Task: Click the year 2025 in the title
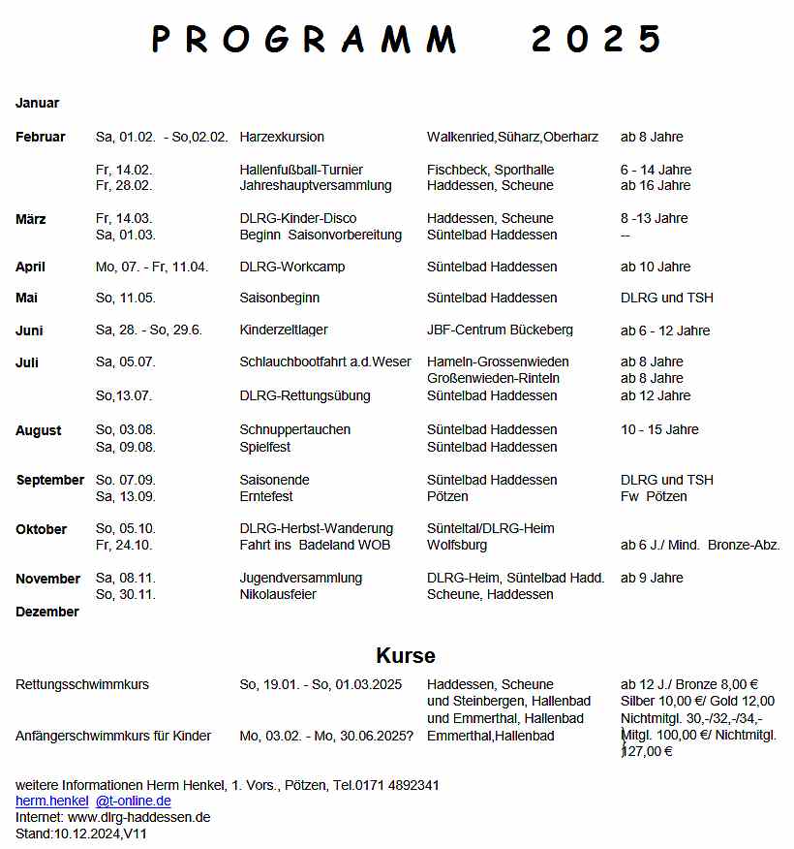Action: click(595, 40)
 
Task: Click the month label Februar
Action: click(41, 137)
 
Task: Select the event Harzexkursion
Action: click(282, 137)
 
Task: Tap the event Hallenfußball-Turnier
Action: click(301, 170)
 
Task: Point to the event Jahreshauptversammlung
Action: click(316, 185)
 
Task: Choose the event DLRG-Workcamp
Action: click(292, 267)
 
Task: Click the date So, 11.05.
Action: click(126, 298)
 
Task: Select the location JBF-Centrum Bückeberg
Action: click(500, 330)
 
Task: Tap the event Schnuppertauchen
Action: click(295, 429)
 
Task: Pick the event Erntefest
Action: click(265, 496)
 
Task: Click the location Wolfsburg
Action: click(457, 546)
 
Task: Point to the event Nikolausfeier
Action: click(278, 594)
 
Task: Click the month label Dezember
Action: click(47, 612)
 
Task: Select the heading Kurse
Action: click(406, 656)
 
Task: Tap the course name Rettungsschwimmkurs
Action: click(82, 684)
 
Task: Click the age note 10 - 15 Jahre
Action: click(659, 429)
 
